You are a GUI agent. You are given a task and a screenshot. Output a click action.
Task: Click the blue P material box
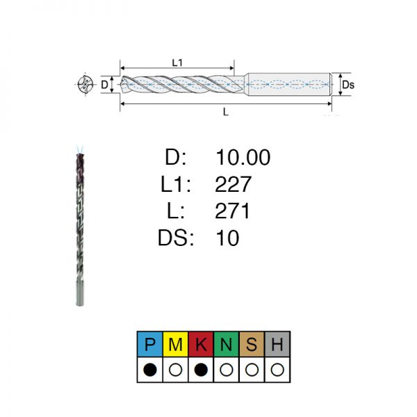coord(150,344)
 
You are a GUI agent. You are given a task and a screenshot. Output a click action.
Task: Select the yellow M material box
coord(176,344)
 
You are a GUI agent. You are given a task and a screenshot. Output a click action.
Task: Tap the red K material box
coord(201,344)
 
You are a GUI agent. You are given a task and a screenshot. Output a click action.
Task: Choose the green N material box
coord(227,344)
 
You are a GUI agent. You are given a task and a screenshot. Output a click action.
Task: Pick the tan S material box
coord(252,344)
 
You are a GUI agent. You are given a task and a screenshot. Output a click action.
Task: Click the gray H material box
coord(277,344)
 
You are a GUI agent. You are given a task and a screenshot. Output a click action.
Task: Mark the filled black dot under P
coord(150,370)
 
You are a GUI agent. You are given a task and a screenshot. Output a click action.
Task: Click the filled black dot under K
coord(201,370)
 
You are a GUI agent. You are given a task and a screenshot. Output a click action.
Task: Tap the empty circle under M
coord(176,370)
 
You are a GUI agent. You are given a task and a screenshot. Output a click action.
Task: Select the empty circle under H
coord(277,370)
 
